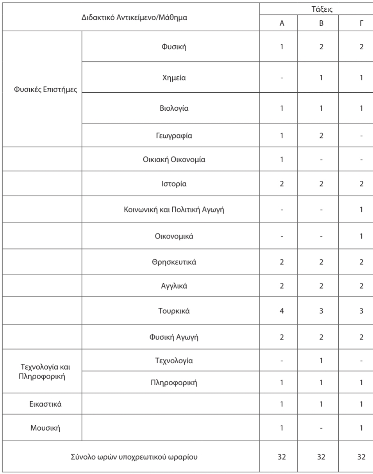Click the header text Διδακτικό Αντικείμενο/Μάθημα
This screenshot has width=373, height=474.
coord(131,16)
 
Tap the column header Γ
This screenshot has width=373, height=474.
coord(361,23)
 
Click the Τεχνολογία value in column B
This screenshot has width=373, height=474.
coord(321,361)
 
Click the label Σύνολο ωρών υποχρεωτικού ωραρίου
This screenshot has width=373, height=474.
coord(131,456)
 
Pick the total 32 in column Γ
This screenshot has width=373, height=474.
coord(361,456)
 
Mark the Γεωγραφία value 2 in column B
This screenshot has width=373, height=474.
coord(321,136)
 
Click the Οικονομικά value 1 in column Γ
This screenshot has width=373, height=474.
coord(361,236)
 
